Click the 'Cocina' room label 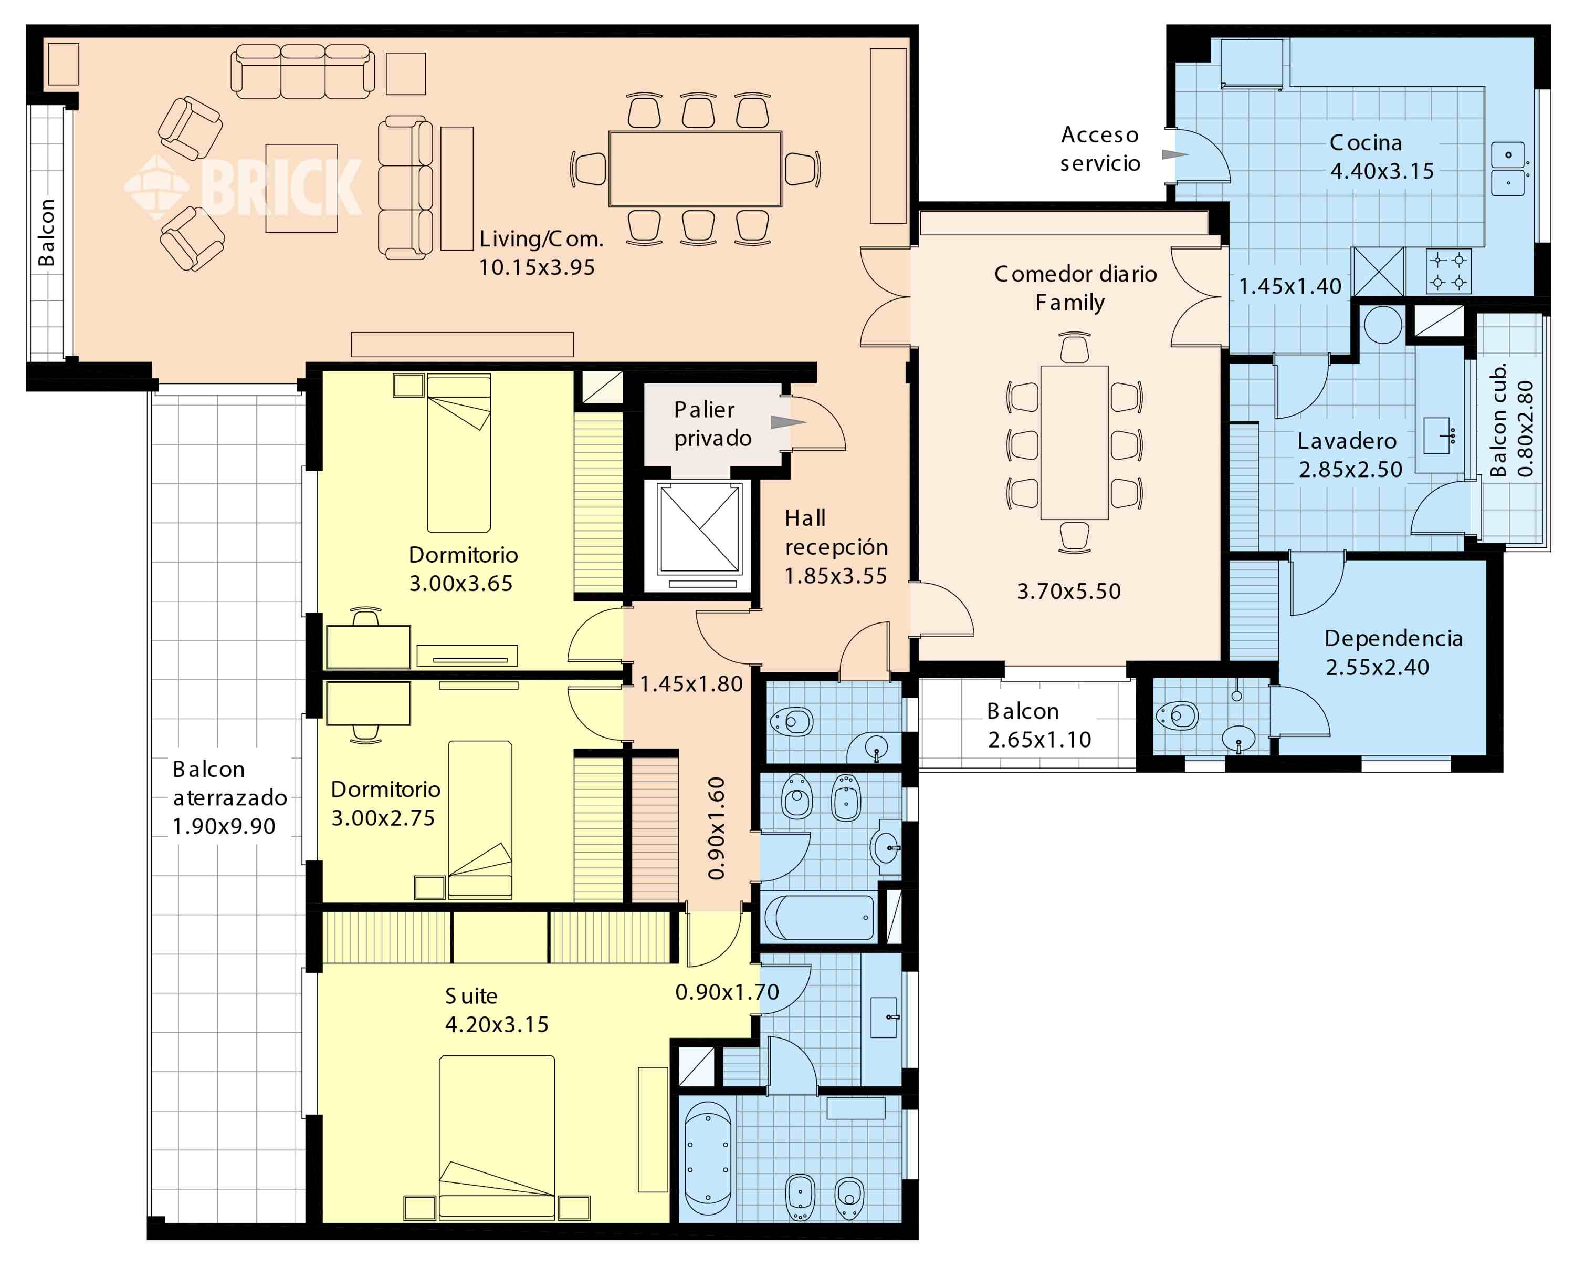(x=1366, y=142)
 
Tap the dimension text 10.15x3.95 (x=537, y=267)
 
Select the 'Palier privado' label (x=712, y=424)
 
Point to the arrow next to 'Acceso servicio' (x=1174, y=154)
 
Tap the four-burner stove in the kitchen (x=1448, y=271)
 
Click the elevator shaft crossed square (x=700, y=528)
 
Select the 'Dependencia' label (x=1394, y=638)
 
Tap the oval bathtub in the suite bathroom (x=708, y=1158)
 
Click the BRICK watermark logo (x=243, y=187)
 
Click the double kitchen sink (x=1508, y=169)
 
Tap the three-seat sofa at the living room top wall (x=302, y=71)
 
